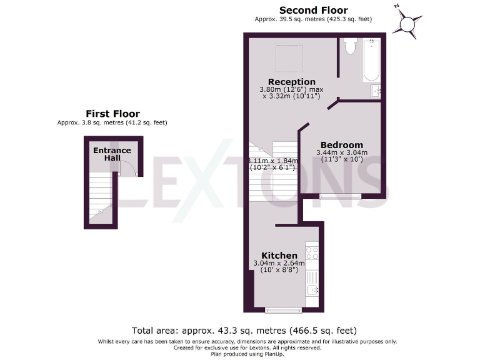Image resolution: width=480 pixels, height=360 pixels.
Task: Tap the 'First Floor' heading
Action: click(x=112, y=113)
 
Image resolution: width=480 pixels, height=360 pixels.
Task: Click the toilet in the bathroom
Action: click(x=350, y=47)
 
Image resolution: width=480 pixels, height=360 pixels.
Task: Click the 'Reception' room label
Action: click(x=291, y=82)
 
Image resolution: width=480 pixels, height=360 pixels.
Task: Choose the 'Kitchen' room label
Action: click(x=279, y=256)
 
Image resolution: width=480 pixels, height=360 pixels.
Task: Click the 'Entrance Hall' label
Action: click(x=112, y=154)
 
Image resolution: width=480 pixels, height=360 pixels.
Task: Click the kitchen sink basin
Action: click(x=312, y=289)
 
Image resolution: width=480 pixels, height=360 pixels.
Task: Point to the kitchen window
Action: click(x=283, y=309)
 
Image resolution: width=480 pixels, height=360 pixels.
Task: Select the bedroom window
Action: click(x=340, y=196)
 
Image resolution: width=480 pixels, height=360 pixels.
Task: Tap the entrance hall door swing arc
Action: click(x=127, y=166)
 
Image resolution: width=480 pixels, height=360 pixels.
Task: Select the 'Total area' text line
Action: click(x=244, y=330)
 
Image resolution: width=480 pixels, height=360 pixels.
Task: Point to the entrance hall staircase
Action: click(x=100, y=197)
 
